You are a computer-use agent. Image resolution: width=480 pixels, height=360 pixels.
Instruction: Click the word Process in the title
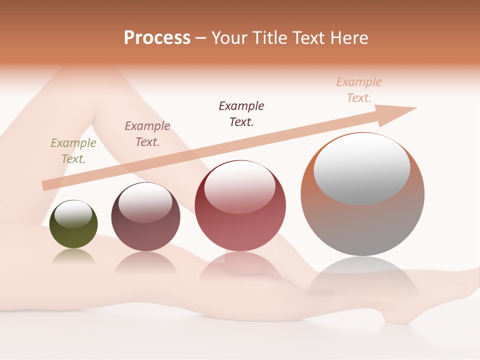pos(157,38)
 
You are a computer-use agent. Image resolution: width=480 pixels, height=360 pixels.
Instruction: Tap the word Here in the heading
pos(349,38)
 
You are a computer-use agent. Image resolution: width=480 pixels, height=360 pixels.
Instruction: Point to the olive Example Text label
pos(73,151)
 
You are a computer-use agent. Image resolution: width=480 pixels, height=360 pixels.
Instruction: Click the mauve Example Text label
pos(147,134)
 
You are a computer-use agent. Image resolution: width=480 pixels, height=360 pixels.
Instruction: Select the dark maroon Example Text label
pos(241,113)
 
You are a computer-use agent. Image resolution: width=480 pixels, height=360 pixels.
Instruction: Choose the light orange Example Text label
pos(359,90)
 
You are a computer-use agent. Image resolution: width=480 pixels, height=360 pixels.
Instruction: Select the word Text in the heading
pos(308,38)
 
